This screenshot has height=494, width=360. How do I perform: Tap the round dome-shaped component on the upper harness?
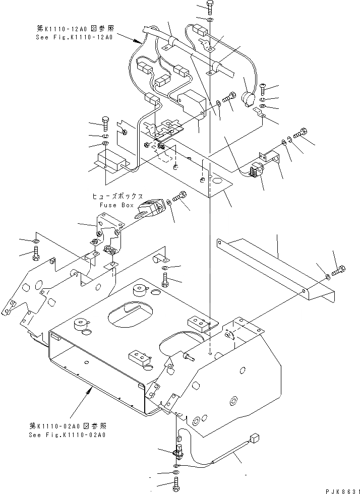[248, 98]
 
